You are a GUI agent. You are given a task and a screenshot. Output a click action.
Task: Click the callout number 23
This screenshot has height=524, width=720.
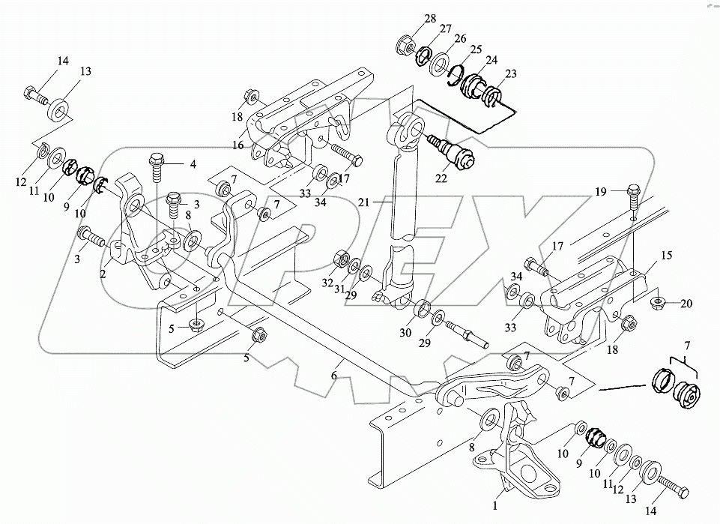point(512,74)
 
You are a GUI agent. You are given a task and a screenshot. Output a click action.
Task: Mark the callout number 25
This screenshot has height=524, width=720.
point(474,49)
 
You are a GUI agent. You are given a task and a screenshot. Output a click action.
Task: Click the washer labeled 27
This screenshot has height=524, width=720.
point(424,54)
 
